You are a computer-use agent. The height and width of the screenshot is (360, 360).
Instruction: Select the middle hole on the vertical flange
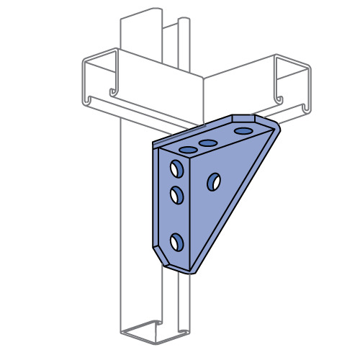(176, 194)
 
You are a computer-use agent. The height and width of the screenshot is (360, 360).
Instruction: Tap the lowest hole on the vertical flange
(176, 242)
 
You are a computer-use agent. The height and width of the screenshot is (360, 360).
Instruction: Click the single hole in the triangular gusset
(214, 182)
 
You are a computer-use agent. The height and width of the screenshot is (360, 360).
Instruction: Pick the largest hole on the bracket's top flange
(243, 132)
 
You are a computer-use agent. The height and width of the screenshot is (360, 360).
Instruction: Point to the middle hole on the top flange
(209, 143)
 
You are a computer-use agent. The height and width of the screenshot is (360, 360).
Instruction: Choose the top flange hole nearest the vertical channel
(188, 150)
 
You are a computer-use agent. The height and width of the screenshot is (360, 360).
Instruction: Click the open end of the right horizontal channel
(292, 83)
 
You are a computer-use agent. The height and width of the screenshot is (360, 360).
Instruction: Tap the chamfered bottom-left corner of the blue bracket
(158, 256)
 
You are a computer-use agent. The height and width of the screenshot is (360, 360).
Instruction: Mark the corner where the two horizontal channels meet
(204, 78)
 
